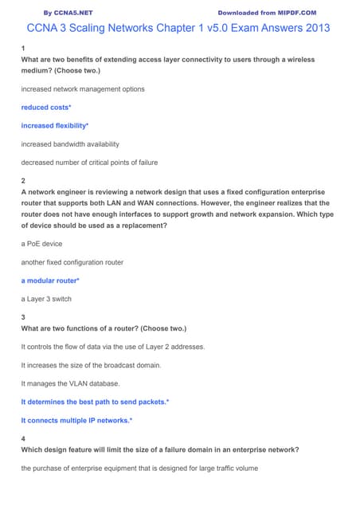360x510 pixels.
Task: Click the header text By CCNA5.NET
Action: [68, 13]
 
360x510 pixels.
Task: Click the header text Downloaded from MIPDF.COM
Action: [267, 13]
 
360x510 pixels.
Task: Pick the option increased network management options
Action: [83, 89]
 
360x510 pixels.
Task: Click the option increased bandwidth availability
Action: [70, 144]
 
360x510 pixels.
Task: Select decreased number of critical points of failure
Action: [89, 163]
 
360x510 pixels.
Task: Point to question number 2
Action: [23, 181]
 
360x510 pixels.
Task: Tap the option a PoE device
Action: [41, 243]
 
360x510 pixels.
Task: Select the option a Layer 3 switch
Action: [48, 299]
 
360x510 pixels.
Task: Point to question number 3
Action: [23, 317]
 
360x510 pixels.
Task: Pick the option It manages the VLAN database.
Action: [72, 383]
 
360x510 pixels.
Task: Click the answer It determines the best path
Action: [95, 402]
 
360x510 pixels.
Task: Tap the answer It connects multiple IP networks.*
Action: [76, 420]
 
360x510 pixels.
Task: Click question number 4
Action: [23, 438]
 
